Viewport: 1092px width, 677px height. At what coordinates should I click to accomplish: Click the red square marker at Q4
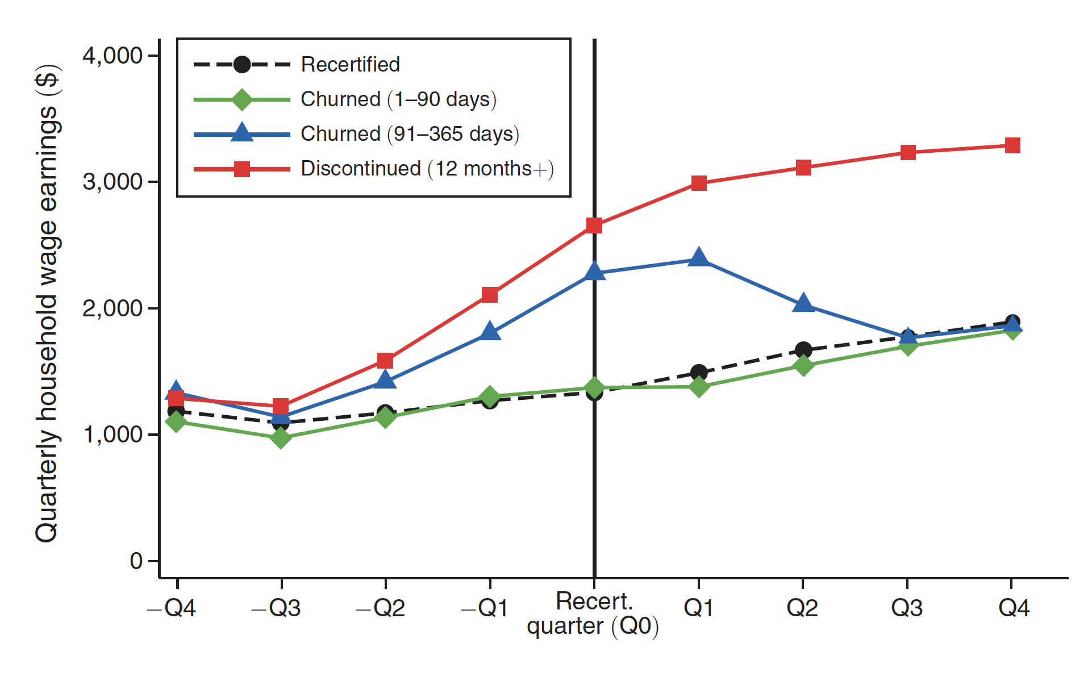[1012, 145]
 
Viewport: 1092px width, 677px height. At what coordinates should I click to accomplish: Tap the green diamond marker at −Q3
[281, 437]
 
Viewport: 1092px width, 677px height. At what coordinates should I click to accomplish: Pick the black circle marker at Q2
[803, 350]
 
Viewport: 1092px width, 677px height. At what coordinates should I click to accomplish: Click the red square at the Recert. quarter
[594, 225]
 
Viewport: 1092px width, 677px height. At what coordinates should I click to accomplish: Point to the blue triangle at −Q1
[490, 331]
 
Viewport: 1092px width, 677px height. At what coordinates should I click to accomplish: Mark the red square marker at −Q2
[385, 361]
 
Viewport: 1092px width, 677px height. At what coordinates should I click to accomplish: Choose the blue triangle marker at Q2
[803, 304]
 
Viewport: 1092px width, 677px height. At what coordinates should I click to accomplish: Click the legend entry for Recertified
[350, 65]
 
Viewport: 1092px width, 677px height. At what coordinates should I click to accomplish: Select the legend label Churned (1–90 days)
[398, 99]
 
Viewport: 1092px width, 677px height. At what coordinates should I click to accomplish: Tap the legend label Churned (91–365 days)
[410, 134]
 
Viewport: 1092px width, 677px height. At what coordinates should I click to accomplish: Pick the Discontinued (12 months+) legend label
[427, 169]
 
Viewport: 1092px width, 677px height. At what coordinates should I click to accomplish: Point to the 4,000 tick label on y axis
[112, 56]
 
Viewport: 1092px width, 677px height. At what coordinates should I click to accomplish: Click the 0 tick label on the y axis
[136, 561]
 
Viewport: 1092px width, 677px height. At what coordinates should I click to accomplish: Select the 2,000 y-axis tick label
[112, 308]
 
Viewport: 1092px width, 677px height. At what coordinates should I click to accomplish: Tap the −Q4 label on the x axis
[172, 608]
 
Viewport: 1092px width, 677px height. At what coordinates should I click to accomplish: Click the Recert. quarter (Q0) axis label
[593, 613]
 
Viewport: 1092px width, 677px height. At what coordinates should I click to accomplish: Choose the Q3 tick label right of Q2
[907, 608]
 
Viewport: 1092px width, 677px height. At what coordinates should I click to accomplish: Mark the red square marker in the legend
[242, 169]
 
